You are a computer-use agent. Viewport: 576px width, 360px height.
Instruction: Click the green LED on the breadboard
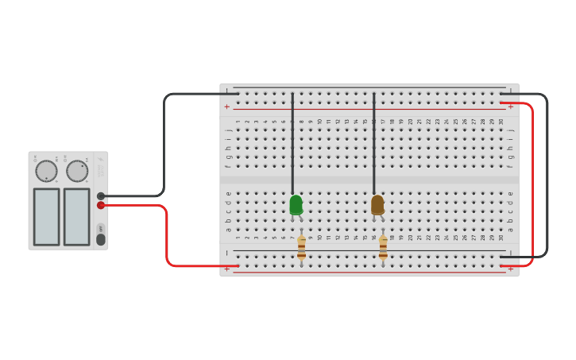296,205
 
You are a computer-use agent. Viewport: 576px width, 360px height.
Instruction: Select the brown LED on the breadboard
377,205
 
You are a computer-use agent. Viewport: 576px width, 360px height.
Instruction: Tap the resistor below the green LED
301,248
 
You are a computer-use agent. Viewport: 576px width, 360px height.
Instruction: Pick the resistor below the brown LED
383,248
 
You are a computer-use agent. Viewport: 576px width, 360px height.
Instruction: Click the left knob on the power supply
46,171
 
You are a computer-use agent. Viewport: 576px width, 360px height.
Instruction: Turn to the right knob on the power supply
77,171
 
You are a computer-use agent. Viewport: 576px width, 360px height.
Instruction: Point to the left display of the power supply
46,216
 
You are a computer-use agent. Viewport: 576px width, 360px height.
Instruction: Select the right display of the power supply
76,216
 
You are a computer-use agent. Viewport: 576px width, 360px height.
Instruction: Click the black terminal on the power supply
101,195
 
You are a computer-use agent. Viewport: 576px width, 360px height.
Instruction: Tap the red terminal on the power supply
101,205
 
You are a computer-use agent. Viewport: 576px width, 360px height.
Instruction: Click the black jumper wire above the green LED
292,143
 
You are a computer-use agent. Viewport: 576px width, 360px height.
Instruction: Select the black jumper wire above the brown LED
374,143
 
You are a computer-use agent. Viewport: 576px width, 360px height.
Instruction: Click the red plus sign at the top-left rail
227,106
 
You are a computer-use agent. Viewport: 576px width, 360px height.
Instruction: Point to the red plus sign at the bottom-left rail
227,269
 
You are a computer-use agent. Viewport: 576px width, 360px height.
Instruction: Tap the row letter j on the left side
228,130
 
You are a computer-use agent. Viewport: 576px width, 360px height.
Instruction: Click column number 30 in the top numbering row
501,122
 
